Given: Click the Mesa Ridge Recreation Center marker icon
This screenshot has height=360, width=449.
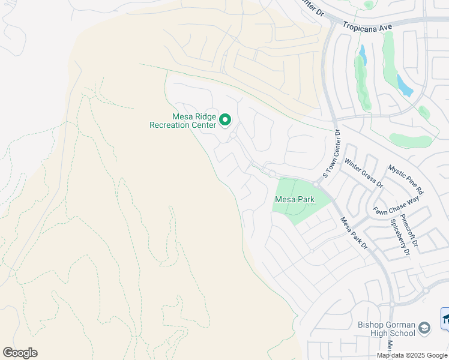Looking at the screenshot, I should (225, 120).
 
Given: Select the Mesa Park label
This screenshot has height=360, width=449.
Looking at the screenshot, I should (295, 199).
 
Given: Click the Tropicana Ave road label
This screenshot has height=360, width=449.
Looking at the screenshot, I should (367, 26).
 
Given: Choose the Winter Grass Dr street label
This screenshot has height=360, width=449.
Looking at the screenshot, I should (363, 173).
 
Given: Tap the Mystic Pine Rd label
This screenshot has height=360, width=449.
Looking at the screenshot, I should (406, 180).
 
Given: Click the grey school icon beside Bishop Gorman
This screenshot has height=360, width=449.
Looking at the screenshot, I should (424, 328).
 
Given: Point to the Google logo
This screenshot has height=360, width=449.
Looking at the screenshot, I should (20, 353).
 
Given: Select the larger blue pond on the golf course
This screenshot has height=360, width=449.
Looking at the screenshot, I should (405, 86).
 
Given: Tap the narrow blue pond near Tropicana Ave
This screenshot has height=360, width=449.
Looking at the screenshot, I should (362, 55).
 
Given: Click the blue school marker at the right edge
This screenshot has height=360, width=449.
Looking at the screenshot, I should (445, 317).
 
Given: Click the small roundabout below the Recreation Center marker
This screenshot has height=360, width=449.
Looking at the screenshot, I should (232, 136).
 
